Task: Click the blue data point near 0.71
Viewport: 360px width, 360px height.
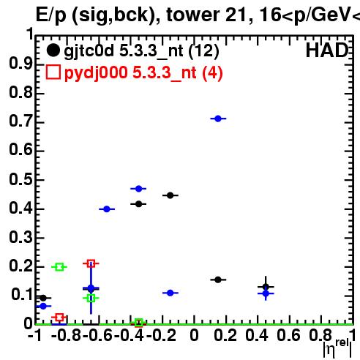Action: [x=218, y=119]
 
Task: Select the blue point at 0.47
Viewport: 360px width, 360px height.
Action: [x=138, y=189]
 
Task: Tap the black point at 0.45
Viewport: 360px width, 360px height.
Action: [x=170, y=195]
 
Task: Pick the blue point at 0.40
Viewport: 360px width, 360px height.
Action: [x=107, y=209]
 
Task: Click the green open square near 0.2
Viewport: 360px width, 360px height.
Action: [x=59, y=267]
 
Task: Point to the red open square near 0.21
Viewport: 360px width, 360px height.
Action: [x=91, y=263]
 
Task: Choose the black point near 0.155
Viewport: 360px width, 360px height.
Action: [x=218, y=280]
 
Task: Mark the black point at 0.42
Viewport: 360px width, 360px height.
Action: [x=138, y=204]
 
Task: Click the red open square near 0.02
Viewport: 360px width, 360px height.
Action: [x=59, y=318]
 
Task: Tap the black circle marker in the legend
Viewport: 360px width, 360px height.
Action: [x=53, y=50]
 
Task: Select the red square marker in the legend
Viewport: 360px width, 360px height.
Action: [x=53, y=72]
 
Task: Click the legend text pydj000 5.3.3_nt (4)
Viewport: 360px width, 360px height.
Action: [x=143, y=73]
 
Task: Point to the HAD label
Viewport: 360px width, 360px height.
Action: [x=327, y=50]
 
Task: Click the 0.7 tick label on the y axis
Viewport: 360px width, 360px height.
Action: [x=20, y=121]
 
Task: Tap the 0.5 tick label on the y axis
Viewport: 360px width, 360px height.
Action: [x=20, y=179]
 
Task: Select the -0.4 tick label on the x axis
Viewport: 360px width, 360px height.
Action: [x=129, y=336]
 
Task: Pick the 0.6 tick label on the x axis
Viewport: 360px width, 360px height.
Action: [x=288, y=336]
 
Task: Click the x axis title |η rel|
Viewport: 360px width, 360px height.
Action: [x=337, y=348]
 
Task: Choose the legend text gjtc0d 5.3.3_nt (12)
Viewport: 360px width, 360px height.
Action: [x=141, y=51]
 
